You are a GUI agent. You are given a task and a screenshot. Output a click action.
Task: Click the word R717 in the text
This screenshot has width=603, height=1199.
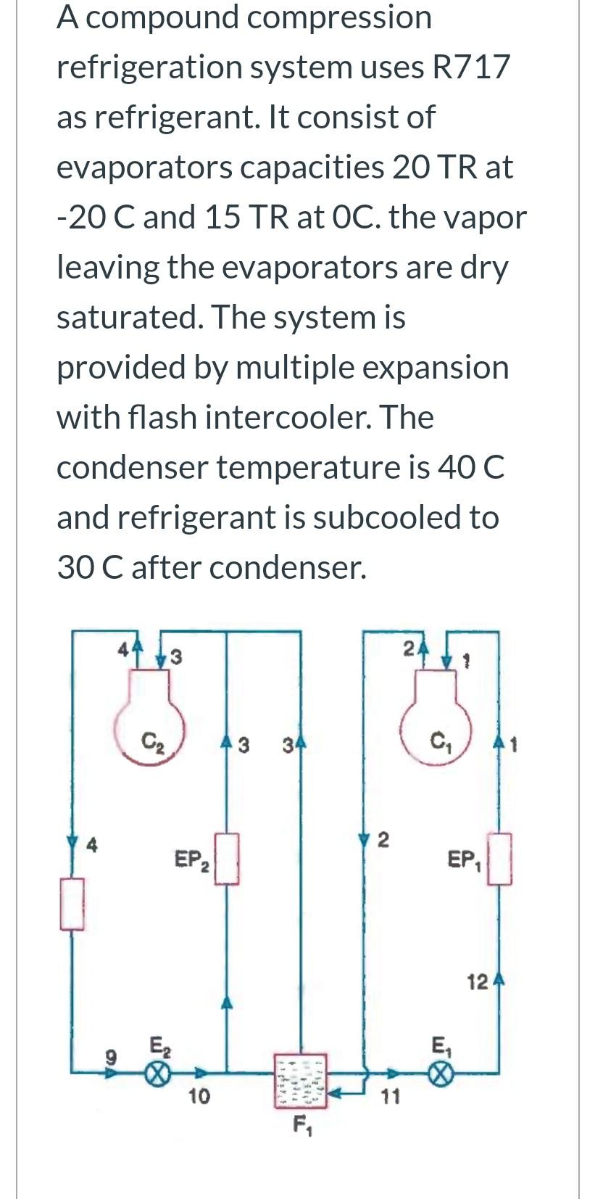pyautogui.click(x=471, y=67)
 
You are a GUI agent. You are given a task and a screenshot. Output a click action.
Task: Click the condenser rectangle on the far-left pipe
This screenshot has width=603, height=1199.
pyautogui.click(x=72, y=903)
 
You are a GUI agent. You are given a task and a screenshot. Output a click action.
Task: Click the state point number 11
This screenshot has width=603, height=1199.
pyautogui.click(x=390, y=1097)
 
